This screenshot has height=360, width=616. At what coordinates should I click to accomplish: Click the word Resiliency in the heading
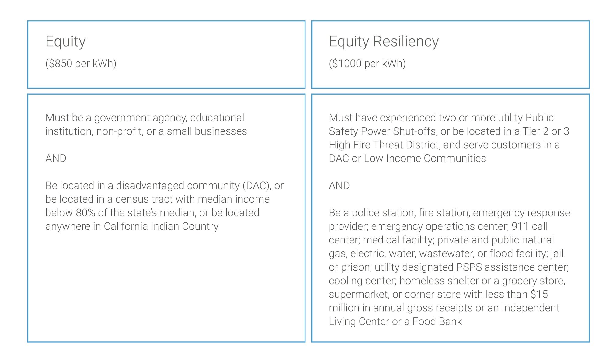pyautogui.click(x=406, y=42)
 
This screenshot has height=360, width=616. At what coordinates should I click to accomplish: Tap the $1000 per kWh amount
pyautogui.click(x=367, y=64)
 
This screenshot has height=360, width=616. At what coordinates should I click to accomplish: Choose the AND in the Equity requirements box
pyautogui.click(x=56, y=159)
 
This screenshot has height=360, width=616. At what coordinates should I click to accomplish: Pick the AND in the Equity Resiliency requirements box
pyautogui.click(x=339, y=186)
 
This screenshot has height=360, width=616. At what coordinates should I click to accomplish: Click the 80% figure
pyautogui.click(x=85, y=213)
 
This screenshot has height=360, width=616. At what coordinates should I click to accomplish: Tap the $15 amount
pyautogui.click(x=539, y=294)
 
